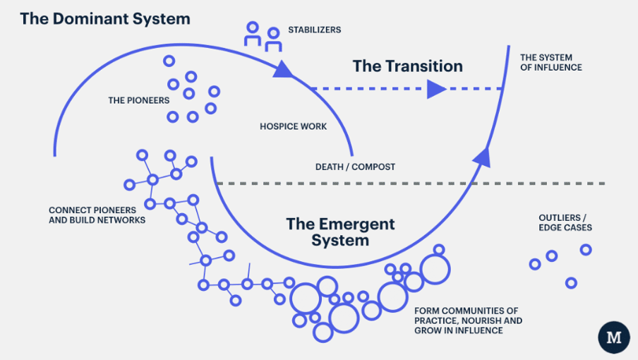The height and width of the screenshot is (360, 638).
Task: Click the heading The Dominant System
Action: pyautogui.click(x=105, y=18)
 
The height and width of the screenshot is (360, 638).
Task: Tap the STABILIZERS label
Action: pyautogui.click(x=314, y=30)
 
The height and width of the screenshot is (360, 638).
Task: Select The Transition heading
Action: pyautogui.click(x=407, y=66)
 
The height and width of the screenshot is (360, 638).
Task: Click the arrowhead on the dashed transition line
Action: pyautogui.click(x=435, y=89)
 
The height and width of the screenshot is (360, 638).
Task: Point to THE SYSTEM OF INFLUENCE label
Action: pyautogui.click(x=550, y=62)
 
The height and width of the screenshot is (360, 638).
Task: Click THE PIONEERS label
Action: pyautogui.click(x=138, y=100)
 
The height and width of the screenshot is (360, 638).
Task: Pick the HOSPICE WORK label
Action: pyautogui.click(x=293, y=127)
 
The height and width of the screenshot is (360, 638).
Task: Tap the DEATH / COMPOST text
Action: pyautogui.click(x=355, y=167)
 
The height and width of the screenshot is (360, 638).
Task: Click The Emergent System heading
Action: pyautogui.click(x=340, y=232)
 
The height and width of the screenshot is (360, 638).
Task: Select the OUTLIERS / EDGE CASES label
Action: pyautogui.click(x=565, y=222)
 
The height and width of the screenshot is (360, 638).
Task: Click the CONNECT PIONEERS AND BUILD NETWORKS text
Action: pyautogui.click(x=97, y=215)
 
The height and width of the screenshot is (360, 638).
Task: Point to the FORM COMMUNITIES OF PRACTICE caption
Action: pyautogui.click(x=468, y=320)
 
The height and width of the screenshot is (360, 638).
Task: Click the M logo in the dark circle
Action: pyautogui.click(x=614, y=338)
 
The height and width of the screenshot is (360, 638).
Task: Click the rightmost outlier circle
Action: pyautogui.click(x=585, y=249)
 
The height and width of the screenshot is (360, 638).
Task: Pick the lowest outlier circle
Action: pyautogui.click(x=571, y=282)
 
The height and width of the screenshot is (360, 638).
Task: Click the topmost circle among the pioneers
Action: pyautogui.click(x=169, y=61)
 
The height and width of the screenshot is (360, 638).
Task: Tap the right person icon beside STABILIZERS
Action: pyautogui.click(x=273, y=39)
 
